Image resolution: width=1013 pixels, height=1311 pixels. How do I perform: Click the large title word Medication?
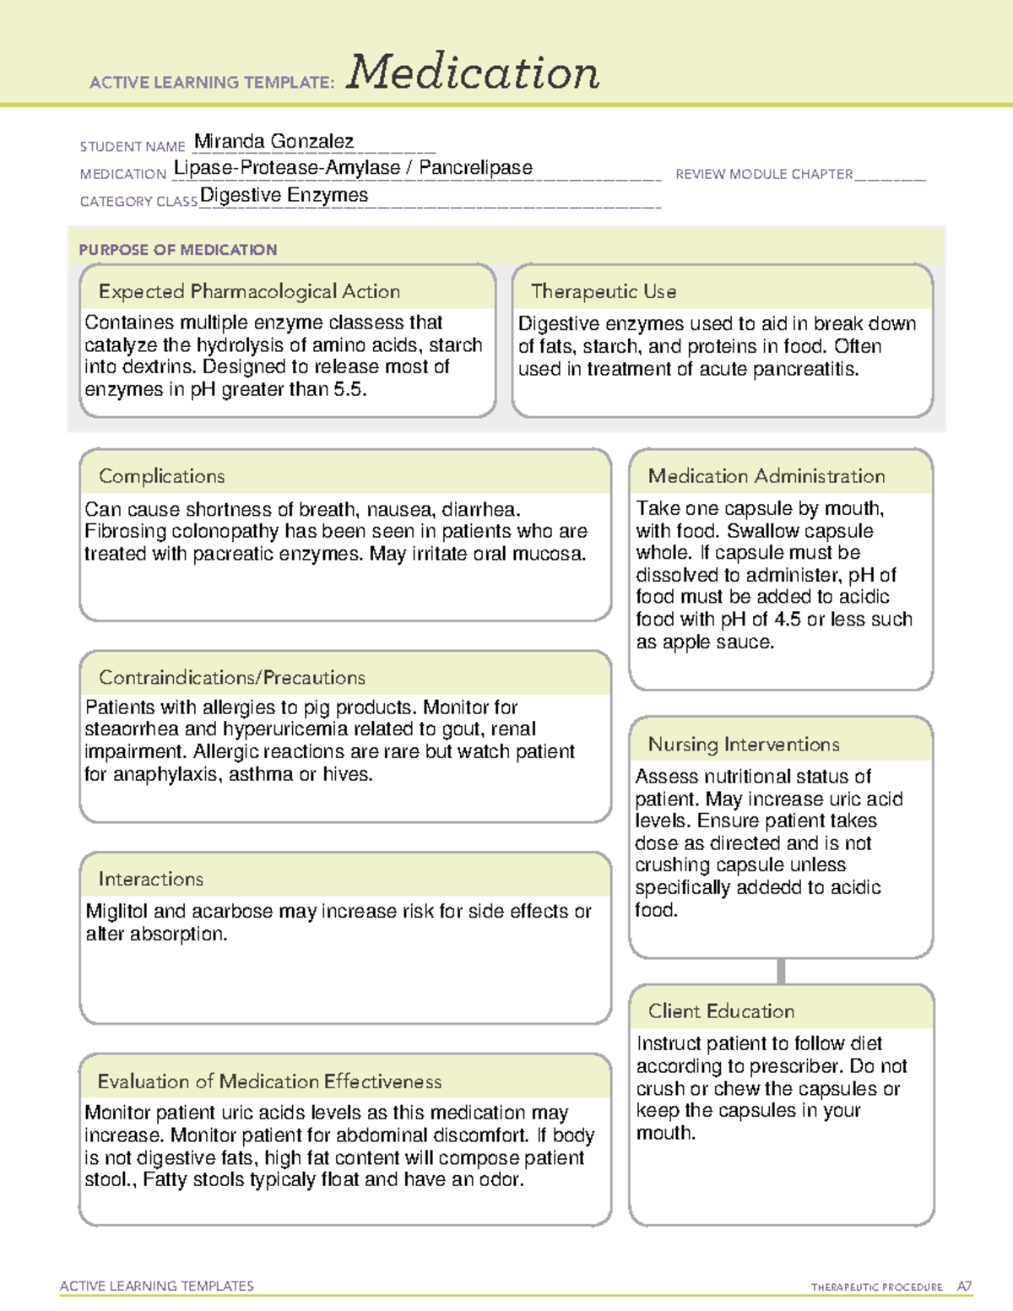click(472, 73)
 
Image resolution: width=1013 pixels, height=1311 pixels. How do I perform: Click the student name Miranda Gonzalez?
click(274, 141)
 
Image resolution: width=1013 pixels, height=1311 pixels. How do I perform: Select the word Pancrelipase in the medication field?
click(475, 168)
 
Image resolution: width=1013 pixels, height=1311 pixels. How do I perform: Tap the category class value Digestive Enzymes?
click(284, 195)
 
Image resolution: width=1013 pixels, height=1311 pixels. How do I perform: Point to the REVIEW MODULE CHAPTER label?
click(764, 174)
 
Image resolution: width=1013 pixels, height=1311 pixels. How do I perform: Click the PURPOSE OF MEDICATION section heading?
click(177, 250)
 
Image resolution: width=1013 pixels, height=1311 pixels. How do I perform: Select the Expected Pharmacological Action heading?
click(249, 291)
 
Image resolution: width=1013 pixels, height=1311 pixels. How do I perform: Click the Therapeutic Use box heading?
click(603, 291)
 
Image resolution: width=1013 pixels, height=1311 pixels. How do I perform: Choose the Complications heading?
click(161, 476)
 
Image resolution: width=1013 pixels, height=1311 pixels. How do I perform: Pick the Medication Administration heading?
click(766, 476)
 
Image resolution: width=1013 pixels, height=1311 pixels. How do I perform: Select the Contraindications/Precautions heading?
click(231, 677)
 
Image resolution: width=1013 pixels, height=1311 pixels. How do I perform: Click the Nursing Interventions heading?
click(743, 745)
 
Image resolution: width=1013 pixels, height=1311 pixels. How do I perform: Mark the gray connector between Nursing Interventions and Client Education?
click(781, 971)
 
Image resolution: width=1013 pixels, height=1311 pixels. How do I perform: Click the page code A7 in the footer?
click(964, 1287)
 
